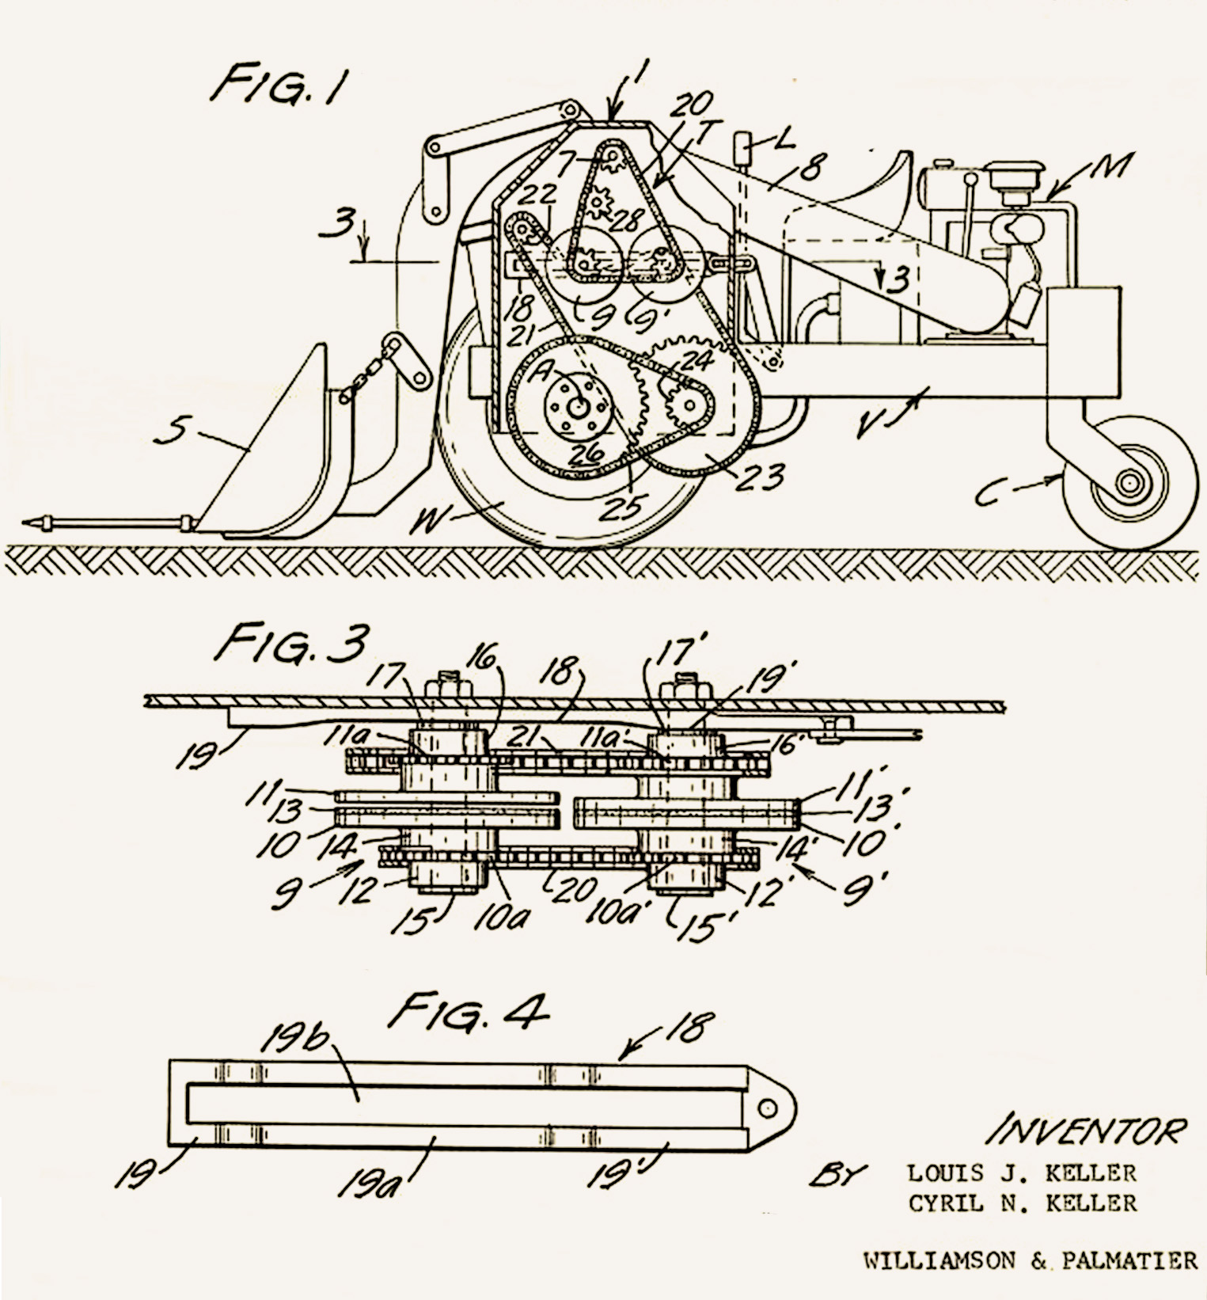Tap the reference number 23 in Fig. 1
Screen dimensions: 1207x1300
(x=761, y=477)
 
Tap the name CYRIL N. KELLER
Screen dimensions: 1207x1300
(x=1023, y=1203)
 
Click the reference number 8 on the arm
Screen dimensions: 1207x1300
(x=811, y=166)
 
